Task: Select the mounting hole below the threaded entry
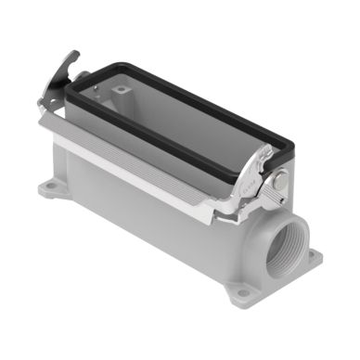click(243, 293)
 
